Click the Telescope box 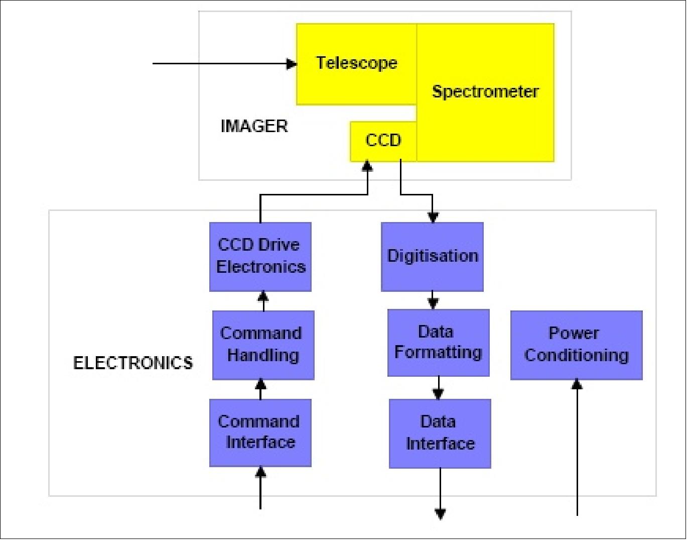tap(356, 64)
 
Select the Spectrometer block tap(485, 92)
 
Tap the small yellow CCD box tap(383, 141)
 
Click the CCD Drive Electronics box tap(260, 257)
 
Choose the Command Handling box tap(263, 345)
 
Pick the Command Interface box tap(260, 433)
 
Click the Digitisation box tap(432, 257)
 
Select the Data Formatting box tap(438, 343)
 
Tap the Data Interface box tap(440, 434)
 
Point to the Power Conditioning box tap(576, 345)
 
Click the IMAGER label tap(254, 126)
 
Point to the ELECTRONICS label tap(133, 363)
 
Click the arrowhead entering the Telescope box tap(291, 64)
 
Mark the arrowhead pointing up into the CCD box tap(368, 166)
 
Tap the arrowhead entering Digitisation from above tap(433, 218)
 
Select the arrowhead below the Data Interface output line tap(440, 514)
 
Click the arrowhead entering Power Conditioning tap(577, 384)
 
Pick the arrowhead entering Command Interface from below tap(260, 472)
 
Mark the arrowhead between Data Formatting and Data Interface tap(438, 394)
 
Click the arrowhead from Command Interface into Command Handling tap(260, 384)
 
